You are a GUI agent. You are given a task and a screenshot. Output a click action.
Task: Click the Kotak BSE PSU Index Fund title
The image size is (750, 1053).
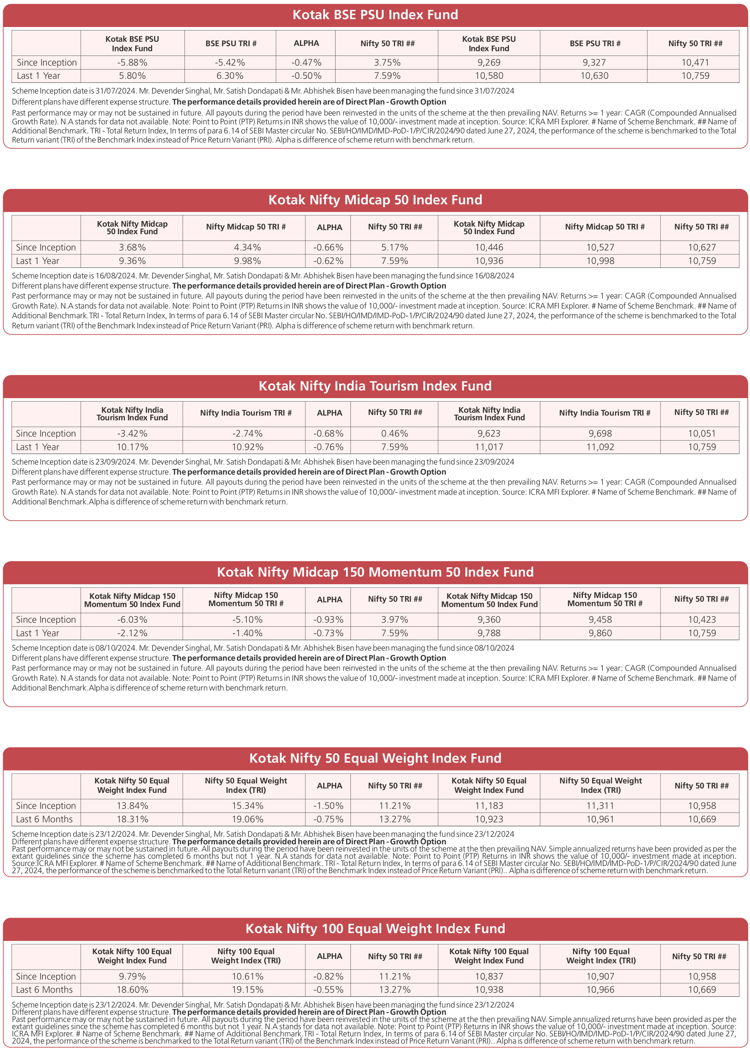point(375,15)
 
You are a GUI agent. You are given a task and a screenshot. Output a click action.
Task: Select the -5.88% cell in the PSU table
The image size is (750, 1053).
point(132,62)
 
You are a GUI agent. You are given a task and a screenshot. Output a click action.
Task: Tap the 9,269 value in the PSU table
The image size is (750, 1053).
point(489,62)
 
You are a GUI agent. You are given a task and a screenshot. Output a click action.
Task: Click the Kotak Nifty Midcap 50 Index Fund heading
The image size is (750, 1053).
point(375,200)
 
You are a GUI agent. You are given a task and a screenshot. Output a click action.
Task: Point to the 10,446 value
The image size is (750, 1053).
point(489,248)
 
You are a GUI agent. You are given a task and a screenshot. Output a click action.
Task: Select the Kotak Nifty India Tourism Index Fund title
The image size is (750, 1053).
point(375,386)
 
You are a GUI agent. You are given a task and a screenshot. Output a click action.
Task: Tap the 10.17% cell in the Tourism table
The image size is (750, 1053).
point(132,447)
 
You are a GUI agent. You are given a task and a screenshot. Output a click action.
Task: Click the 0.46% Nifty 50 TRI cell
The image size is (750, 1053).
point(394,434)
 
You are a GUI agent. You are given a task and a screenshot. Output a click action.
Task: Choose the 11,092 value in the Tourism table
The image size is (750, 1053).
point(600,447)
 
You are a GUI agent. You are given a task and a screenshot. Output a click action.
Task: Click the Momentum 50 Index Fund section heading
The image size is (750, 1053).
point(375,572)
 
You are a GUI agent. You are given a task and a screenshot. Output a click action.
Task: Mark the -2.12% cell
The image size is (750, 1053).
point(132,633)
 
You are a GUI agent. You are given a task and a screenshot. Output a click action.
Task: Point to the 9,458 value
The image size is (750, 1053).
point(600,620)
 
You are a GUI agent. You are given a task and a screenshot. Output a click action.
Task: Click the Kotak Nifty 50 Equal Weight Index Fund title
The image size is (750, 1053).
point(375,758)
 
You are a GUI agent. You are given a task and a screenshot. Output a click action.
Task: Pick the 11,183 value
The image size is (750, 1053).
point(489,806)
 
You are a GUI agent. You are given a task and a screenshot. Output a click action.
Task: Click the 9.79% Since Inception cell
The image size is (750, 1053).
point(132,976)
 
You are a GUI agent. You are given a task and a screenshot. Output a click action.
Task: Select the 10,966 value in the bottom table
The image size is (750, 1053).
point(600,990)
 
